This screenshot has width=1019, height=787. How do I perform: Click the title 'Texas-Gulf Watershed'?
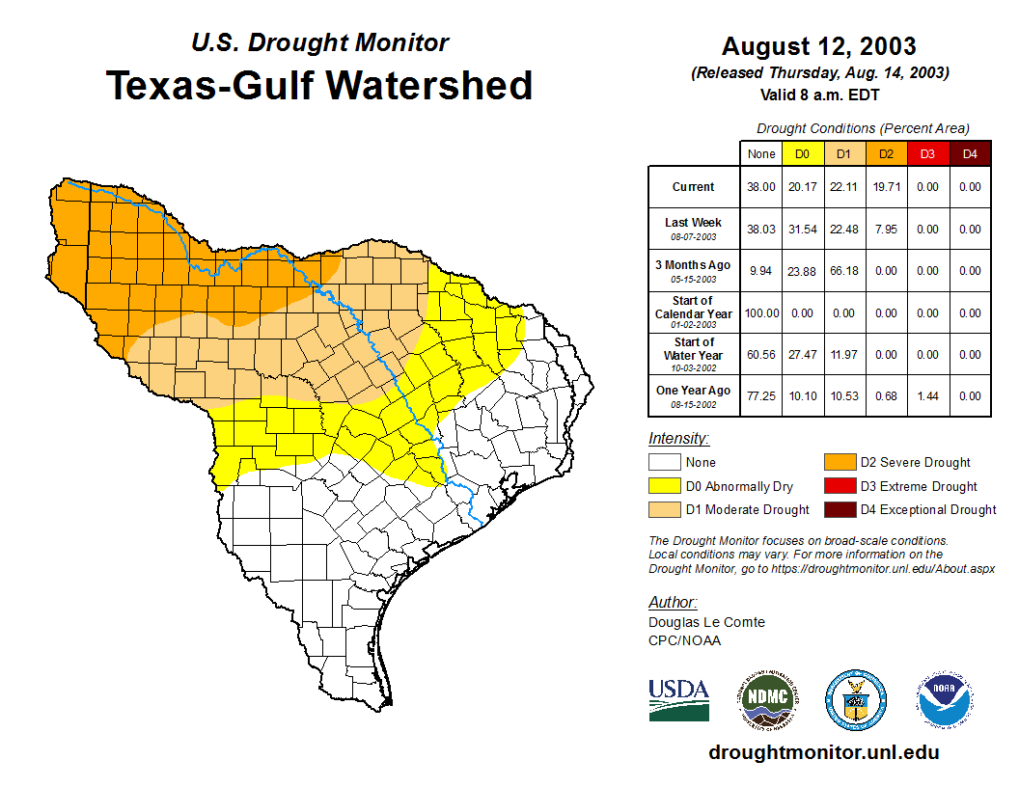(318, 85)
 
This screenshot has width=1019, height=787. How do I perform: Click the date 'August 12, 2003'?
(819, 45)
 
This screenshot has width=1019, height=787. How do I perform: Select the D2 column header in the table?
(887, 153)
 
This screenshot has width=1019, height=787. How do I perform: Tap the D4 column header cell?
(970, 153)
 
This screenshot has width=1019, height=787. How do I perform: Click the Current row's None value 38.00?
(761, 187)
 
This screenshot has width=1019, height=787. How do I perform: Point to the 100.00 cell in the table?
(761, 312)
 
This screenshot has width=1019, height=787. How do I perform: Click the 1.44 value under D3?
(928, 395)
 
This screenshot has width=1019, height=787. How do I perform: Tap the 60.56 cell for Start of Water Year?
(761, 354)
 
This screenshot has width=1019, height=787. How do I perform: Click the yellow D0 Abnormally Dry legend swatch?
(664, 486)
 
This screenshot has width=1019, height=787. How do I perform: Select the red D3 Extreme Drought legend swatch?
(839, 486)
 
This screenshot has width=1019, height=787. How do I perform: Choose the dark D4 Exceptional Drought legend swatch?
(839, 509)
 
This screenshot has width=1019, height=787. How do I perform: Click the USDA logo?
(678, 699)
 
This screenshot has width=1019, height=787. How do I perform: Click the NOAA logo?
(946, 699)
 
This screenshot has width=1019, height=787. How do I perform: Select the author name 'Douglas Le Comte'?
(706, 622)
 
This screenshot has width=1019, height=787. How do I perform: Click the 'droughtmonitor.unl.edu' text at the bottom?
(823, 752)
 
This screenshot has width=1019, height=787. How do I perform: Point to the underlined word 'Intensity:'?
(678, 439)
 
